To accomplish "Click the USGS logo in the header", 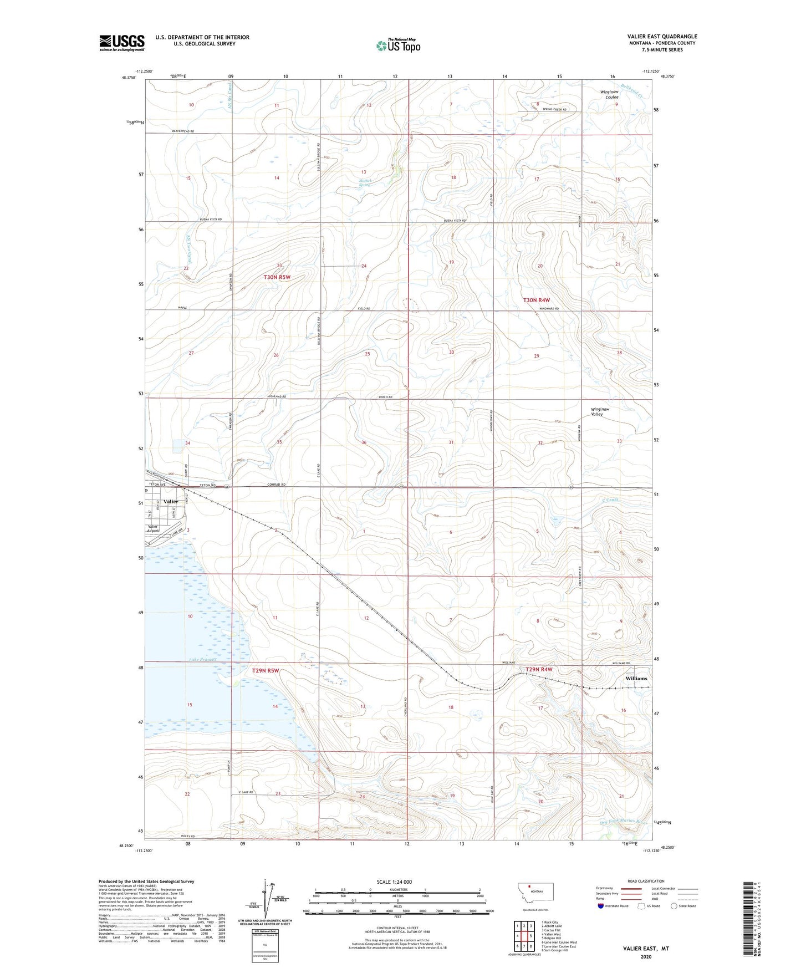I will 122,42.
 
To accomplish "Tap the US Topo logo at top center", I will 397,45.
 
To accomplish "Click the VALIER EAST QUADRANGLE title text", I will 655,36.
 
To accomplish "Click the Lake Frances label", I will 202,660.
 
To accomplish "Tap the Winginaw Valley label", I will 600,411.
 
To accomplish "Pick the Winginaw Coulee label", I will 609,94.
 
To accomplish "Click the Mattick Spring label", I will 364,182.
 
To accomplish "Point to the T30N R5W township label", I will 277,277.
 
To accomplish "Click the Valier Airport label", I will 153,528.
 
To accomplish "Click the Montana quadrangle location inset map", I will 535,894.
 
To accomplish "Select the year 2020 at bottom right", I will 646,956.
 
